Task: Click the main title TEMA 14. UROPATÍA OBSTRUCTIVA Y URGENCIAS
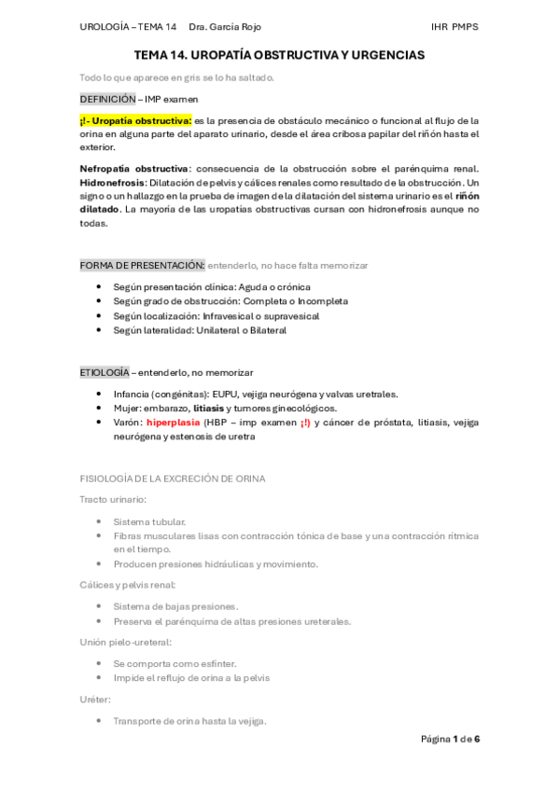(279, 56)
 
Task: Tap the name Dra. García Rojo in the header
(225, 27)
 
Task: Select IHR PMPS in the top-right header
(454, 27)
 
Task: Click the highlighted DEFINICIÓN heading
(109, 99)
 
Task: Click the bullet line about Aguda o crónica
(212, 287)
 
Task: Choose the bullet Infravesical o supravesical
(216, 316)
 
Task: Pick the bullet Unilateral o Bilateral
(200, 330)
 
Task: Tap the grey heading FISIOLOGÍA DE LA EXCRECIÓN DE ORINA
(173, 479)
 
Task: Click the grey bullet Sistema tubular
(149, 521)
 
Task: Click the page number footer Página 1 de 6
(450, 740)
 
